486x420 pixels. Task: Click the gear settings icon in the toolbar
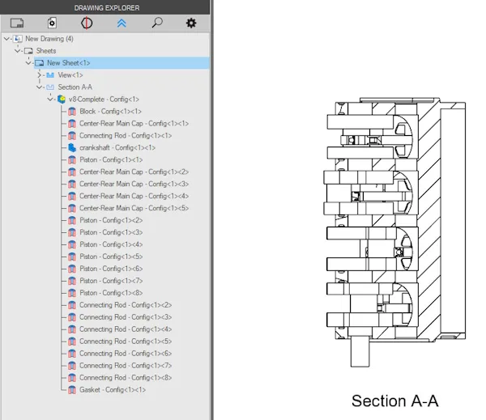[x=191, y=23]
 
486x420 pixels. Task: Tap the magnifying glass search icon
[x=157, y=23]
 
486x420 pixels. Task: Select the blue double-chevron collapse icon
[x=122, y=23]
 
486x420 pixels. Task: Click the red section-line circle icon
[x=87, y=23]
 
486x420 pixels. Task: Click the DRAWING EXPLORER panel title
[x=107, y=8]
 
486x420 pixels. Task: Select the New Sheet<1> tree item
[x=69, y=63]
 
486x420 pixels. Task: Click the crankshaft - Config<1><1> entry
[x=117, y=148]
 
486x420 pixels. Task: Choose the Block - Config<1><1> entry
[x=110, y=112]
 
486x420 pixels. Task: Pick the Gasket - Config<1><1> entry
[x=113, y=389]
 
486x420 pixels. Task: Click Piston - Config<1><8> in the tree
[x=111, y=293]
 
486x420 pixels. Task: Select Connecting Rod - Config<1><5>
[x=126, y=342]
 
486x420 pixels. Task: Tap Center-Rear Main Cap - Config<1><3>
[x=134, y=184]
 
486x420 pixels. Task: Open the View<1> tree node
[x=70, y=75]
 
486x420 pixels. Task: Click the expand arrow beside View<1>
[x=40, y=75]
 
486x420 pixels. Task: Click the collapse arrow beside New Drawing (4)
[x=6, y=39]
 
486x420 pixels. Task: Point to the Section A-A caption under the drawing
[x=395, y=401]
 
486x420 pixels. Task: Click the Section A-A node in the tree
[x=75, y=87]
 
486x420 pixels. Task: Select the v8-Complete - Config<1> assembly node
[x=104, y=100]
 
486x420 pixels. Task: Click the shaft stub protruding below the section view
[x=360, y=353]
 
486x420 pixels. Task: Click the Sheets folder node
[x=46, y=51]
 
